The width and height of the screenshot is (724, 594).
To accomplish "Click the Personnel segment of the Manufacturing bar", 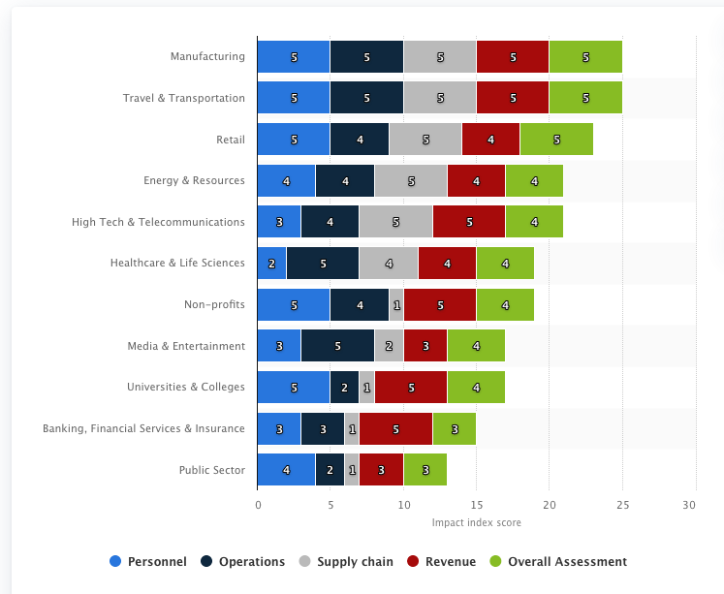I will click(x=294, y=57).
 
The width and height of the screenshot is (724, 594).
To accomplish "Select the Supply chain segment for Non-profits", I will click(x=396, y=304).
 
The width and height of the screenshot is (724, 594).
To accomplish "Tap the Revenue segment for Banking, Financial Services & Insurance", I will click(x=395, y=428).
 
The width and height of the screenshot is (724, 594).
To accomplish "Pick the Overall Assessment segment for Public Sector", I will click(x=425, y=470).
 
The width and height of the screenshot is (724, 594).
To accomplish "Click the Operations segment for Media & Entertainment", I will click(x=337, y=346).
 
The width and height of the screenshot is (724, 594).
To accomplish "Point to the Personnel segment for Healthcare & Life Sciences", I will click(x=271, y=264).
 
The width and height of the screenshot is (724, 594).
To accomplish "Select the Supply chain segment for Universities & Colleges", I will click(x=366, y=388).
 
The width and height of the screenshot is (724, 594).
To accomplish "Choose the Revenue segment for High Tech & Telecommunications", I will click(x=468, y=222).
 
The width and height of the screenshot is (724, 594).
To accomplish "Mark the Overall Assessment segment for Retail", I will click(x=555, y=140).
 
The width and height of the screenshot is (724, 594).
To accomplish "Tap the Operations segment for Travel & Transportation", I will click(x=366, y=98).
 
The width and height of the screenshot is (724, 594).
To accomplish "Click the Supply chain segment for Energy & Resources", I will click(x=410, y=181).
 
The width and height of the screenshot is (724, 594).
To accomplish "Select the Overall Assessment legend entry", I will click(x=558, y=561).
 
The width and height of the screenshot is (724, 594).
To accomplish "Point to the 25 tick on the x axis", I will click(x=622, y=505).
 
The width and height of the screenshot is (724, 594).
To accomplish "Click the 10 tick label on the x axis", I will click(x=403, y=505).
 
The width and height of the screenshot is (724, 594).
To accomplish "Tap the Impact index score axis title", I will click(x=476, y=523).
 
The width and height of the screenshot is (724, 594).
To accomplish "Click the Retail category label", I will click(x=231, y=140).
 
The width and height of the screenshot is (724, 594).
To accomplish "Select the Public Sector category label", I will click(x=211, y=470).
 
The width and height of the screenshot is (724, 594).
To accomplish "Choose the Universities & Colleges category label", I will click(x=185, y=388).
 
